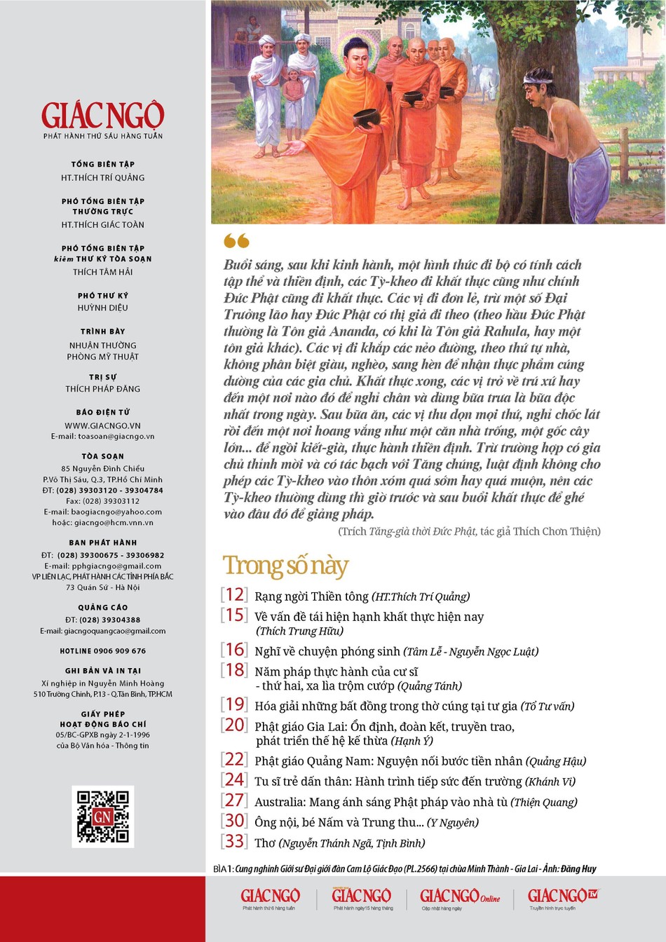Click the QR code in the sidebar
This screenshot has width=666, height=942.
(102, 817)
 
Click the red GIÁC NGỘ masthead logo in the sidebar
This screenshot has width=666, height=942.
(102, 116)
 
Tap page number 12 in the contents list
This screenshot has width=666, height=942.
(234, 595)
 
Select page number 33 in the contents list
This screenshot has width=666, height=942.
(234, 842)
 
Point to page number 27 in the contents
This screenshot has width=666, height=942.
(234, 800)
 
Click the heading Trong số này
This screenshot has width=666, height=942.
(285, 566)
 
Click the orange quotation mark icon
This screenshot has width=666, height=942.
(236, 241)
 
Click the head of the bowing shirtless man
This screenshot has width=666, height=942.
(536, 81)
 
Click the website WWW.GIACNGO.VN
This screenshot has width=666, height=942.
(102, 425)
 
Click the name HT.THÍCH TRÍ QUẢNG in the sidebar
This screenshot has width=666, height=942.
(102, 178)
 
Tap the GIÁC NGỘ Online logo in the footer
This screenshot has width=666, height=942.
(460, 896)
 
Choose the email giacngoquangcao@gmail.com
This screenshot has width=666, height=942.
(102, 631)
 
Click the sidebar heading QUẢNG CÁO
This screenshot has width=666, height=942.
(102, 608)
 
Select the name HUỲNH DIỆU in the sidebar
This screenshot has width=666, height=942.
(102, 308)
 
